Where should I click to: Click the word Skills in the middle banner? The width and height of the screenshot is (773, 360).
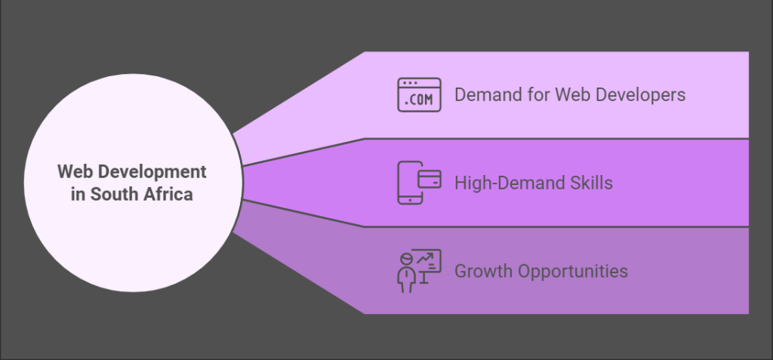[x=592, y=183]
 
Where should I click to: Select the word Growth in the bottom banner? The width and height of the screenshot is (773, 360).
[x=481, y=271]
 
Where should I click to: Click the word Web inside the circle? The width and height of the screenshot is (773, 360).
[x=73, y=172]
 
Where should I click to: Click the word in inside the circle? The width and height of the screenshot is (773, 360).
[x=78, y=194]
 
